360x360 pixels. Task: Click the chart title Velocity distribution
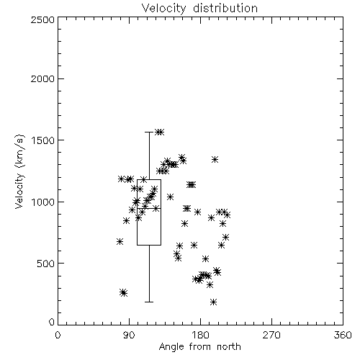click(x=199, y=8)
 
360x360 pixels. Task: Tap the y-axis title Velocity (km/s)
click(x=19, y=171)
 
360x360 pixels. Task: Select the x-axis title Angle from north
click(x=199, y=346)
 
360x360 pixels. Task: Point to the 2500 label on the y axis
click(x=42, y=19)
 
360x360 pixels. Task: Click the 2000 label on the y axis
click(x=42, y=78)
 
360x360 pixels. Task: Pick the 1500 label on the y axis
click(x=42, y=140)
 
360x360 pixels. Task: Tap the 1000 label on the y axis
click(x=42, y=202)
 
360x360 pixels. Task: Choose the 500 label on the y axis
click(x=46, y=264)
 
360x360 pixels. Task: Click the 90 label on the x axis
click(x=129, y=335)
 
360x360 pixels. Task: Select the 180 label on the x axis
click(x=200, y=335)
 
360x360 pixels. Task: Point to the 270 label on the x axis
click(x=271, y=335)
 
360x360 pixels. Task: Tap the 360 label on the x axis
click(x=343, y=335)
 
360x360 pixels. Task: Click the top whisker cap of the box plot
click(x=149, y=132)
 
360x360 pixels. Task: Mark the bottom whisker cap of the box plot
click(x=149, y=302)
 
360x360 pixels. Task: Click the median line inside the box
click(x=149, y=208)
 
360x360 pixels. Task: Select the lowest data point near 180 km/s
click(x=213, y=302)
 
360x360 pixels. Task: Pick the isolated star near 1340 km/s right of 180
click(x=215, y=159)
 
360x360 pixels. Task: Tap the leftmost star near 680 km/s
click(x=120, y=242)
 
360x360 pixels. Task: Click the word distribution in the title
click(x=225, y=8)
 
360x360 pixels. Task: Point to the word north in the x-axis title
click(x=229, y=346)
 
